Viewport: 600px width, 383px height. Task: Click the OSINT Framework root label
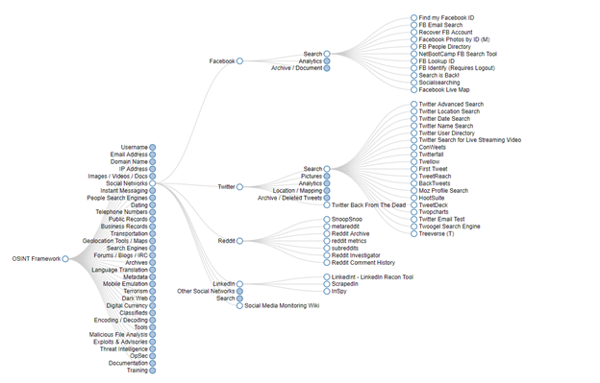[35, 258]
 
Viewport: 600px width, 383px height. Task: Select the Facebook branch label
[221, 61]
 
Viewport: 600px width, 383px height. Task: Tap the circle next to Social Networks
[153, 183]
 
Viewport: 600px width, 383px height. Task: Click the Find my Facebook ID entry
[447, 18]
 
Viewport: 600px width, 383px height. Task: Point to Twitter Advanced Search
[451, 104]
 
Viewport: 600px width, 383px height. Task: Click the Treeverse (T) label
[438, 233]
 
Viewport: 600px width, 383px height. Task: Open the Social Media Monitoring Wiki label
[282, 305]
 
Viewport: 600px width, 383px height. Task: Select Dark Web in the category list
[135, 299]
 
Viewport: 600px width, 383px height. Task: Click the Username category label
[135, 147]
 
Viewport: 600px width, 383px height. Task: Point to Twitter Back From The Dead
[369, 204]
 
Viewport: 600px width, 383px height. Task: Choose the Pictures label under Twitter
[312, 177]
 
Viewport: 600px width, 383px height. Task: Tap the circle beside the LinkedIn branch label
[239, 284]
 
